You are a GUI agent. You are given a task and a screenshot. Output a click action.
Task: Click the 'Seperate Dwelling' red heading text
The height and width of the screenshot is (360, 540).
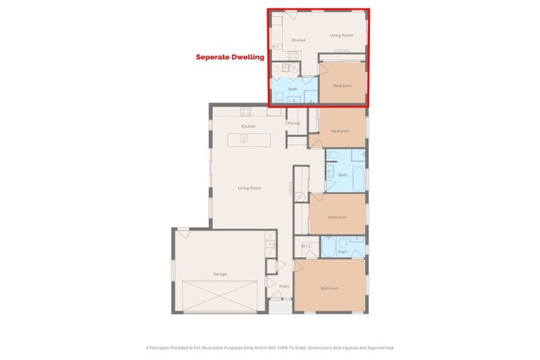(229, 57)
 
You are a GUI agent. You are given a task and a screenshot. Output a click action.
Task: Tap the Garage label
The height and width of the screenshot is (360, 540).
(220, 274)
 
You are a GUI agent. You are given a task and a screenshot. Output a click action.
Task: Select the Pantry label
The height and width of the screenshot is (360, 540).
(294, 123)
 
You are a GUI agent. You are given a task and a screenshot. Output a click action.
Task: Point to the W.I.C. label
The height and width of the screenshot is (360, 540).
(307, 245)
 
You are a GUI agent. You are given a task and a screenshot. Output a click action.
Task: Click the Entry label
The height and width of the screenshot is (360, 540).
(284, 286)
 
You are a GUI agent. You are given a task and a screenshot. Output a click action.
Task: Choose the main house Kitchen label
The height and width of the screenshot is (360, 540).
(247, 126)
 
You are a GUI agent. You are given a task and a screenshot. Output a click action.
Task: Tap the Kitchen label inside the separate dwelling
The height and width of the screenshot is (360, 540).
(299, 40)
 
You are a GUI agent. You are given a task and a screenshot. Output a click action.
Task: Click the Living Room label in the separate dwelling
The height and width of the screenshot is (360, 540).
(342, 34)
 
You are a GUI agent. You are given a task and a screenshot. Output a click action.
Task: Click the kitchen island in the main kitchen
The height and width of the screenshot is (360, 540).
(248, 139)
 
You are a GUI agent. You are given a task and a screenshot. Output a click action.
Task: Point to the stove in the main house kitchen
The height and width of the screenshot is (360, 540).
(246, 111)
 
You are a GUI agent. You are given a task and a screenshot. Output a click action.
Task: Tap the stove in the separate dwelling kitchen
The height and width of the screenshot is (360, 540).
(293, 55)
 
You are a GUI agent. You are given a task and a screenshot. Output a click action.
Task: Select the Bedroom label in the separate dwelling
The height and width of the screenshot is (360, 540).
(342, 86)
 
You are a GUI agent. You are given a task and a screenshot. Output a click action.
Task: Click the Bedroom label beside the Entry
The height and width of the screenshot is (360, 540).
(330, 288)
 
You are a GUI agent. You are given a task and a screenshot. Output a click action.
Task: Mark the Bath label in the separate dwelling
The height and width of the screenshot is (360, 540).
(292, 89)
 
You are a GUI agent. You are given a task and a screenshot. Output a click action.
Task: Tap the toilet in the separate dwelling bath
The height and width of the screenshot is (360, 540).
(279, 97)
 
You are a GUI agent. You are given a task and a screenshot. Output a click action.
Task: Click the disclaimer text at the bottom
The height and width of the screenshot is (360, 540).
(270, 347)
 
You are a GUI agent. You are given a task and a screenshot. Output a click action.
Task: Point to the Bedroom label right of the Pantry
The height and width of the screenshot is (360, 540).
(340, 131)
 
